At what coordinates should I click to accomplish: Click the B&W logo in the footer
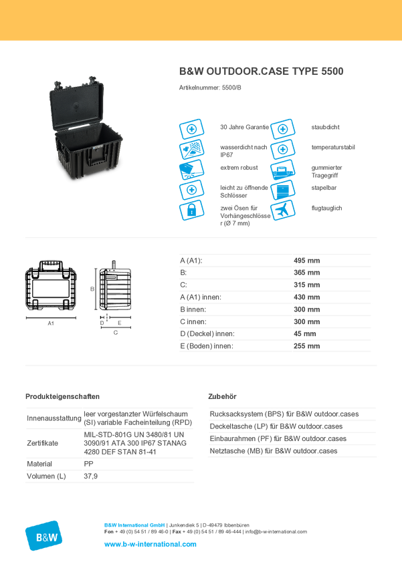pos(44,535)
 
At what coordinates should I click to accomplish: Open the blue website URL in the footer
pos(150,544)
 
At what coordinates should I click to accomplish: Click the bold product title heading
pos(262,71)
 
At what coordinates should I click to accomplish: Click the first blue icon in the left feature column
pos(191,128)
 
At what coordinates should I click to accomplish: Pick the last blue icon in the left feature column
pos(191,211)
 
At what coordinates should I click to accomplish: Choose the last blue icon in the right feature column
pos(283,210)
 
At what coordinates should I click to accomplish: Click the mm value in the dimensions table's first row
pos(307,259)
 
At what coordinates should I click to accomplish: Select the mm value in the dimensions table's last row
pos(307,346)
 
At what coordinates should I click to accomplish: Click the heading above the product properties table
pos(63,396)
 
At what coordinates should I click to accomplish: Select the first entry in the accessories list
pos(284,414)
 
